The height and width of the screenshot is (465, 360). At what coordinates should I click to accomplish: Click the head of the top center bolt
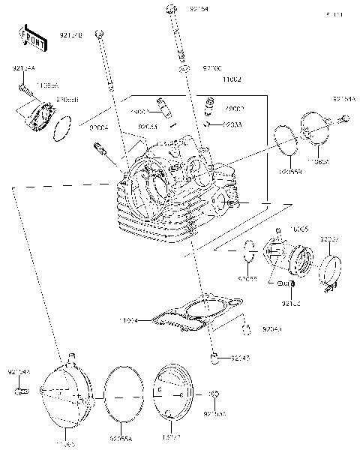coord(171,10)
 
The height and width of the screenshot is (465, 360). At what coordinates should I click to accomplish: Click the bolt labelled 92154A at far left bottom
coord(22,391)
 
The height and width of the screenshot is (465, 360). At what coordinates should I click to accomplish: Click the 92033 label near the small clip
coord(214,124)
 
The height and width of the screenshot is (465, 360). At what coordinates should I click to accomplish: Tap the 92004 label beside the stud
coord(99,128)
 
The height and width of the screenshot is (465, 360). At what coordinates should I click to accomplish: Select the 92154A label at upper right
coord(343,98)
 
